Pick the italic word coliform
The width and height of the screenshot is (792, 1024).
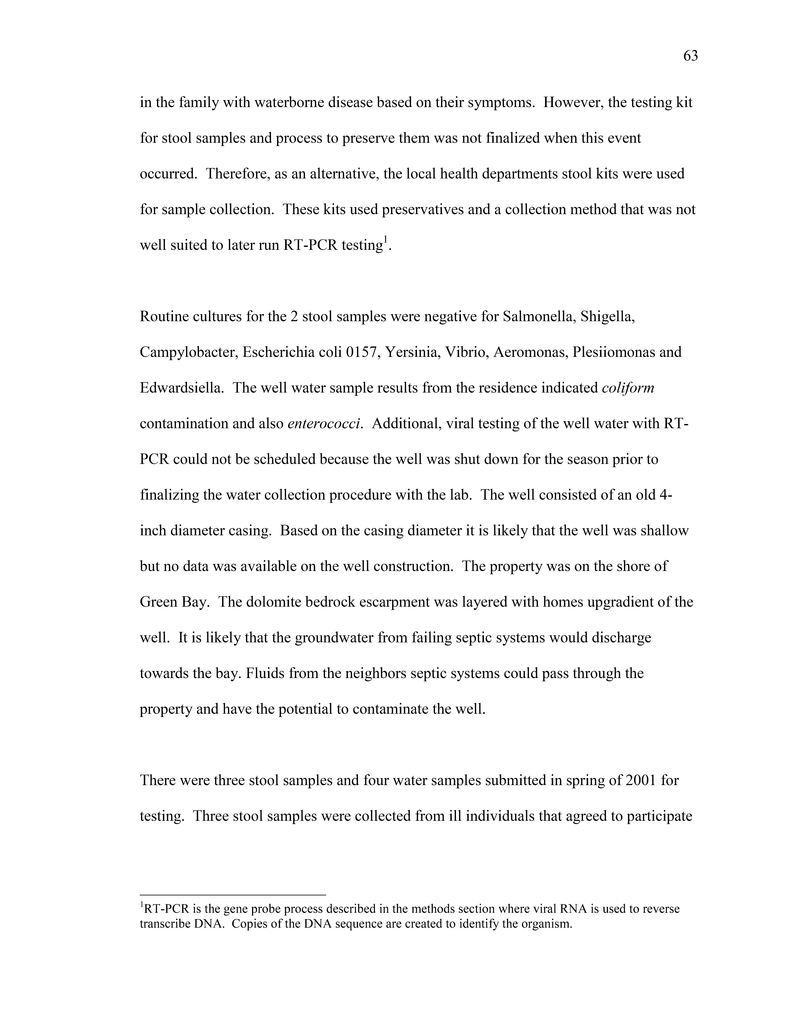628,388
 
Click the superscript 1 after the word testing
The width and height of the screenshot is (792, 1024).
386,241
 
